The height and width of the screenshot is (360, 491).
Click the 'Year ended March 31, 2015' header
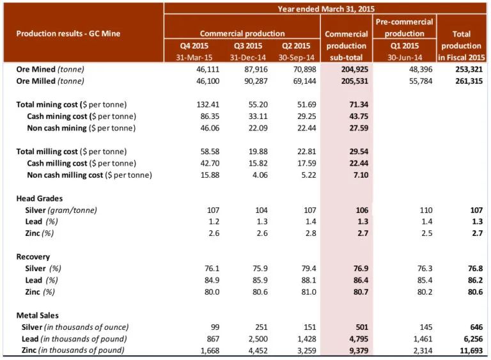point(325,9)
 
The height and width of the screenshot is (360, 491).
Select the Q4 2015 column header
point(192,45)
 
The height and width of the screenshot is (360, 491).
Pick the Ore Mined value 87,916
point(246,68)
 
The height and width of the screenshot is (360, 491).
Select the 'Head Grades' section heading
point(39,198)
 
